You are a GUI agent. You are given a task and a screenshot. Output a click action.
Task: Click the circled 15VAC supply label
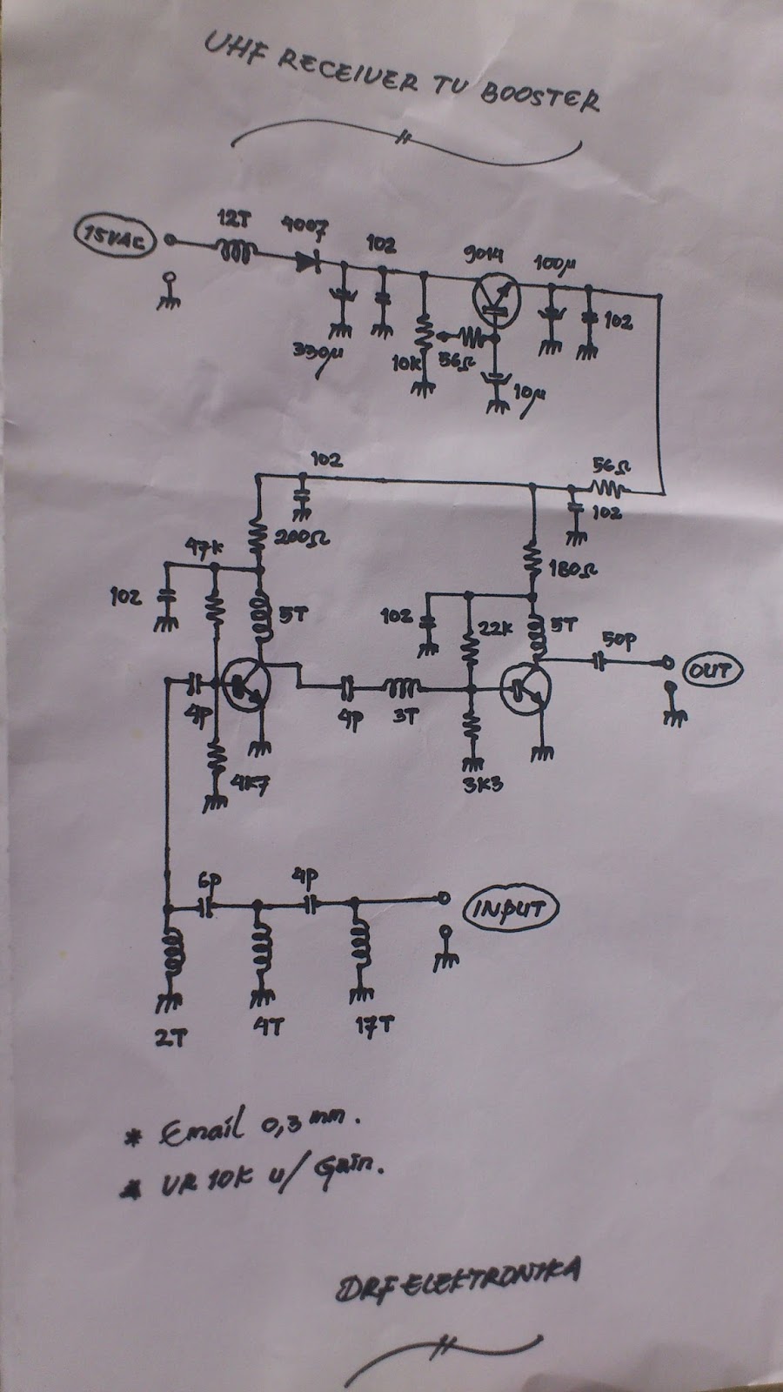(116, 236)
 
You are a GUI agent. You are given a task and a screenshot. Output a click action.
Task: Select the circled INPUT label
(512, 910)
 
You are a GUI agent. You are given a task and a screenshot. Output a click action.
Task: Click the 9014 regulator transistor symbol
(497, 297)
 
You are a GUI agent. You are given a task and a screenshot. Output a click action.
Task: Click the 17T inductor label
(372, 1026)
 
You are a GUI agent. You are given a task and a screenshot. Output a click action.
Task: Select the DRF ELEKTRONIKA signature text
(458, 1279)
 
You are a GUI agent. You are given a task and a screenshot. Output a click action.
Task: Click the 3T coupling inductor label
(405, 716)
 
